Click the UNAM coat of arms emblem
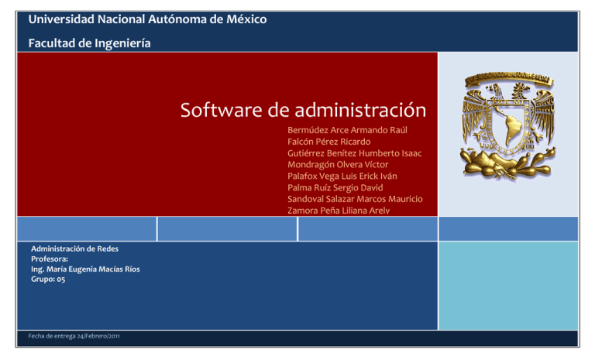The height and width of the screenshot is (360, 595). (x=507, y=122)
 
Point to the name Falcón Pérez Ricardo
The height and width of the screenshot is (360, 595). (x=328, y=142)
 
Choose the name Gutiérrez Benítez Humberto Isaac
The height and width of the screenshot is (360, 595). (x=354, y=153)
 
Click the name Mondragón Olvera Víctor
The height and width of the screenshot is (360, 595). (x=338, y=165)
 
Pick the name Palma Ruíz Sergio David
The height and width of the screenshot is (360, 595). (x=335, y=187)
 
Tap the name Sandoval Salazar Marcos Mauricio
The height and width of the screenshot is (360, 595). (x=355, y=199)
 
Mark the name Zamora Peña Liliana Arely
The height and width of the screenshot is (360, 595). (x=338, y=210)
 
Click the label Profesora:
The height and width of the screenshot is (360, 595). (x=50, y=259)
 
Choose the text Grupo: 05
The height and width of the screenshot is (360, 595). (x=48, y=279)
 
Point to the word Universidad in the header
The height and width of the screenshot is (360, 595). (x=57, y=19)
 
